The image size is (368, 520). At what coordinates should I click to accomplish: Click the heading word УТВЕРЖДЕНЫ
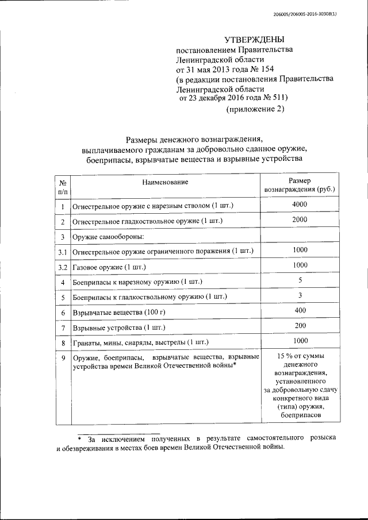click(x=254, y=39)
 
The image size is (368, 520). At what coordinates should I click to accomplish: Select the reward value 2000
click(x=299, y=219)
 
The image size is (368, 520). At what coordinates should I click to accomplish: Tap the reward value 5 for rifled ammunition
click(x=300, y=280)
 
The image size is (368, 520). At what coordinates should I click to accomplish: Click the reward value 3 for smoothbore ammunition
click(x=300, y=295)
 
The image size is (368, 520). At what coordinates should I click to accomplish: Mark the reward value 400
click(x=299, y=310)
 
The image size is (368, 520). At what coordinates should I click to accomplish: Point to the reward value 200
click(x=299, y=325)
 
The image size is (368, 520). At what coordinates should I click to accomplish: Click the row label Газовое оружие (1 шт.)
click(x=109, y=267)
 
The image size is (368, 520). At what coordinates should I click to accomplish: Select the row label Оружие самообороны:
click(x=107, y=237)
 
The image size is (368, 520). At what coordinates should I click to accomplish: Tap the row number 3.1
click(x=63, y=252)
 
